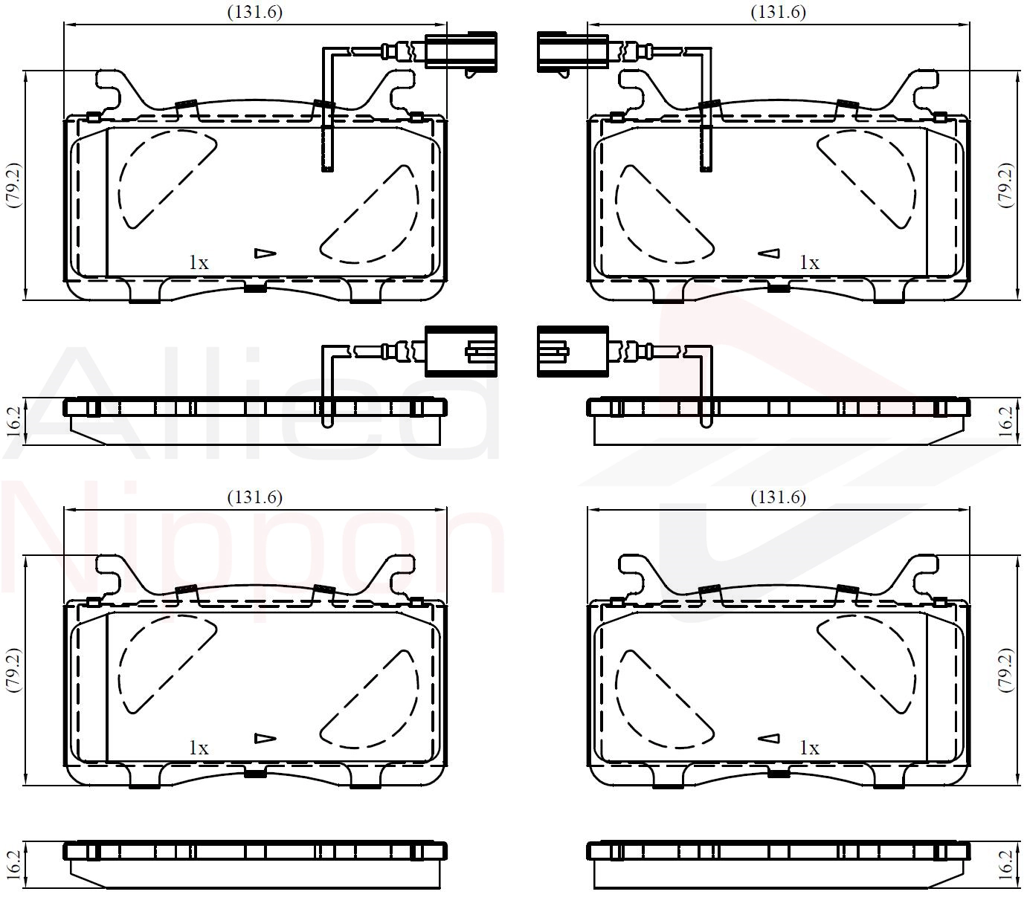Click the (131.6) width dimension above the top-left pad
click(254, 12)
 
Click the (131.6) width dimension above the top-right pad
click(778, 12)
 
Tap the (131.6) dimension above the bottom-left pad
click(254, 497)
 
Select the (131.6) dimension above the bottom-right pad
click(778, 497)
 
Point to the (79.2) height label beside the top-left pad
click(13, 185)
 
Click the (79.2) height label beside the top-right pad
click(1005, 185)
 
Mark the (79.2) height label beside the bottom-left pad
click(13, 670)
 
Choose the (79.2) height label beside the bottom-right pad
click(1005, 670)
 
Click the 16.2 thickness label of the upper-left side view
click(13, 421)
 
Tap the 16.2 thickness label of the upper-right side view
click(1005, 421)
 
